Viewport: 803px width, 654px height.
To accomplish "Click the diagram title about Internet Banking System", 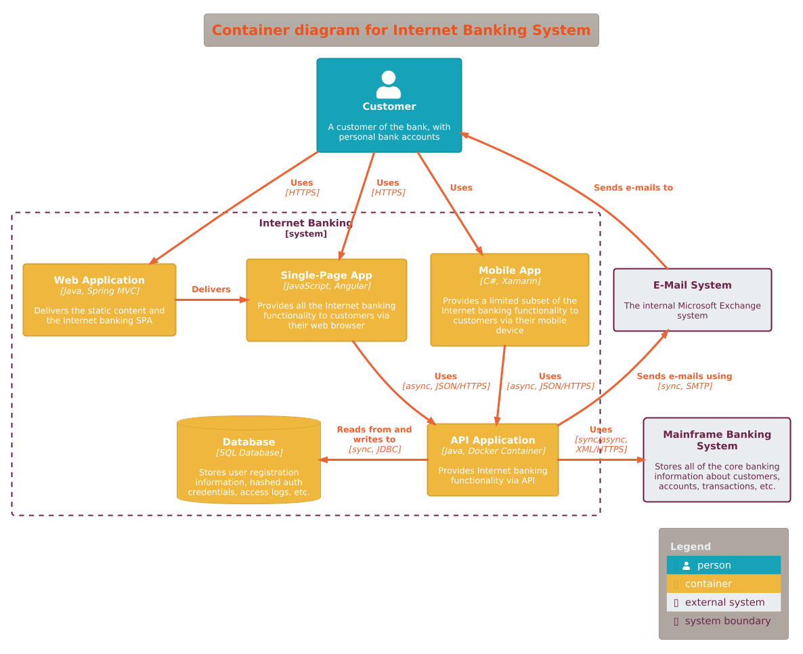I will pos(401,30).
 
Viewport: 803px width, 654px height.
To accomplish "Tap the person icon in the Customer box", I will pos(389,85).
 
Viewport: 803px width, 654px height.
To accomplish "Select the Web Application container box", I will pos(100,300).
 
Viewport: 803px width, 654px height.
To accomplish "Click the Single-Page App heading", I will pos(326,275).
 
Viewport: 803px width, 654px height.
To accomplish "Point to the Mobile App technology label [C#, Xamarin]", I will pos(510,281).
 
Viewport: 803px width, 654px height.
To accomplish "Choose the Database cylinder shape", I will pos(248,460).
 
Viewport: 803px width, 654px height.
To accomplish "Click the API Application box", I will pos(492,460).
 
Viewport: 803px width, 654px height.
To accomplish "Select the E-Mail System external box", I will pos(692,300).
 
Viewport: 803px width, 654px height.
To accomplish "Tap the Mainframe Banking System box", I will pos(716,460).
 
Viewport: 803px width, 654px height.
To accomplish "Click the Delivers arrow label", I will pos(211,289).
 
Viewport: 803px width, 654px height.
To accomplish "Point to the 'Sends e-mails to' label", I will pos(633,188).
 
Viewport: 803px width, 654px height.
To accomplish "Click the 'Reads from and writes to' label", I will pos(374,434).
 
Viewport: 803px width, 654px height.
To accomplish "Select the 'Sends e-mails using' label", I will pos(684,376).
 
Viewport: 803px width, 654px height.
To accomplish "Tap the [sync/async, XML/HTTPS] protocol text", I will pos(601,445).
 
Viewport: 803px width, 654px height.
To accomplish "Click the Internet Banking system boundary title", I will pos(305,224).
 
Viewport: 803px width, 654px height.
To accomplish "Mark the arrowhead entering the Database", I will pos(324,459).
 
